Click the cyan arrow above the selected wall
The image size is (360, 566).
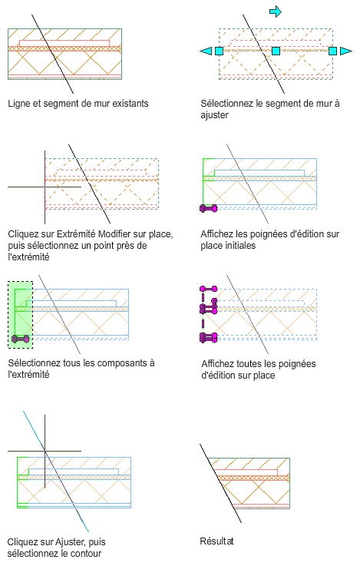pos(276,12)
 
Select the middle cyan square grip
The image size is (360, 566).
pos(276,51)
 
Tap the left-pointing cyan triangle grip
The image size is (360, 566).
pos(206,51)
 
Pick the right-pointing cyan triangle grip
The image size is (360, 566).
pos(345,51)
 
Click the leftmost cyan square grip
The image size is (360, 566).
pos(219,51)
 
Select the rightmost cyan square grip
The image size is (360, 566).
pos(332,51)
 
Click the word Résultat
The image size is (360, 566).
pos(216,541)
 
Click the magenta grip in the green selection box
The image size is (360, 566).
pos(20,339)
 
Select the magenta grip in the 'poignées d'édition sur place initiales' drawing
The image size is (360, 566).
pos(209,208)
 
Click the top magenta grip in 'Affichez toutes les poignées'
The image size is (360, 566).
pos(209,289)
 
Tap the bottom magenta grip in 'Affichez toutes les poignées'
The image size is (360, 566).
pos(209,338)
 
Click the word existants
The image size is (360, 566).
pos(130,104)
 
